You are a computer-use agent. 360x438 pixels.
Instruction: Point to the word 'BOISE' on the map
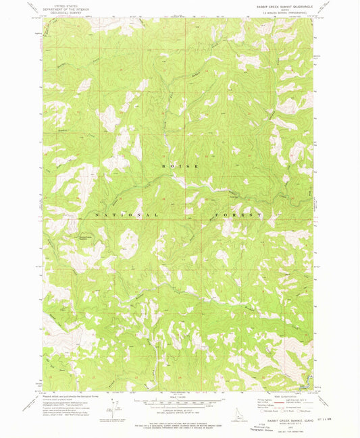(180, 165)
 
